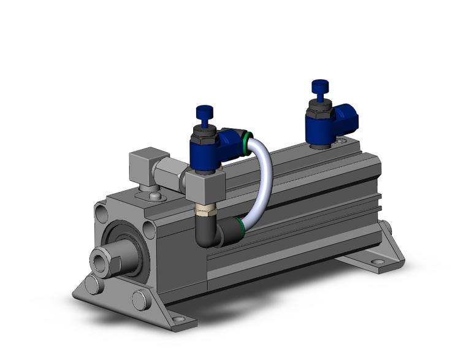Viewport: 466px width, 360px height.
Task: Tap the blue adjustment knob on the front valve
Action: pos(203,113)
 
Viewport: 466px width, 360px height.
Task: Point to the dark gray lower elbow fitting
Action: pos(212,233)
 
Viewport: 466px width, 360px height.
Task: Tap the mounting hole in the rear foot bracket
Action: pos(378,262)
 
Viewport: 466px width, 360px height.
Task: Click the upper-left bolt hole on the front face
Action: pos(101,213)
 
